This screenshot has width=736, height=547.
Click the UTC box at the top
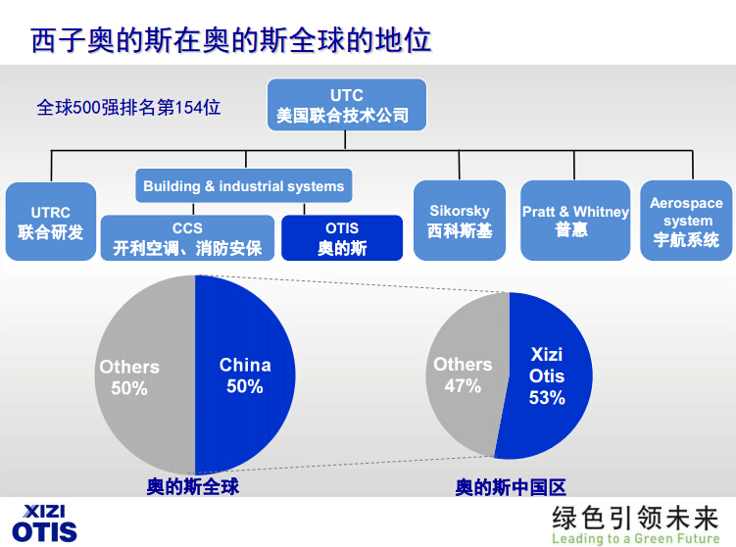pos(347,105)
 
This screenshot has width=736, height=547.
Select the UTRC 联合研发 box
pos(51,222)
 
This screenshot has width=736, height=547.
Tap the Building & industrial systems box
pos(243,185)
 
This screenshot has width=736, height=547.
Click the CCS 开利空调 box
pos(186,238)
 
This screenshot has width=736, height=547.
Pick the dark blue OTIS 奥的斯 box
pos(341,238)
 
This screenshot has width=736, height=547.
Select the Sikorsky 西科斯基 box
pos(460,221)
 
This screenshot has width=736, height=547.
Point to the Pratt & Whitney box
pos(574,221)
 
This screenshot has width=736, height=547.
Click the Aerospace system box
pos(686,221)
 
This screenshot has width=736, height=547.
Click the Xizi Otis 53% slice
pos(547,375)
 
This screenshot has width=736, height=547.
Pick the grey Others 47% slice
pos(463,375)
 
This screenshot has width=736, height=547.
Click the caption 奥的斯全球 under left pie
pos(193,486)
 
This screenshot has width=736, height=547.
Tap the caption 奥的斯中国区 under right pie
pos(511,486)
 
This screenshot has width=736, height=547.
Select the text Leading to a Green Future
pos(635,538)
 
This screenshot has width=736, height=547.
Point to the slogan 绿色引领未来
pos(635,518)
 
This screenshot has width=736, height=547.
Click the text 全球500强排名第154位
pos(128,107)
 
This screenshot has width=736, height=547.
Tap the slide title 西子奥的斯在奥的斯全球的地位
pos(231,41)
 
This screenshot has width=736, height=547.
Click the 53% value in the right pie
pos(547,398)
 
